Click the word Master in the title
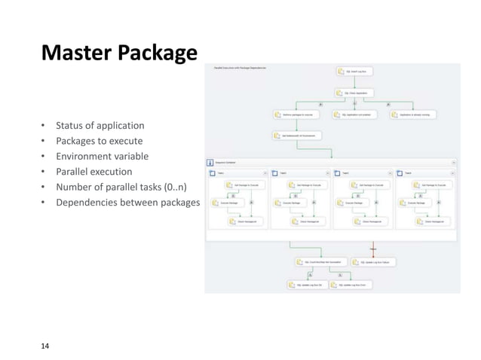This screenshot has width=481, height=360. pos(74,54)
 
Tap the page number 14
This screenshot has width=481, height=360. pos(45,346)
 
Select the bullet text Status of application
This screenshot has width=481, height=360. pos(100,125)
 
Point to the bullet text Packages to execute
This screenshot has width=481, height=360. pos(99,141)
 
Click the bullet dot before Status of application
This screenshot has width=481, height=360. pos(44,125)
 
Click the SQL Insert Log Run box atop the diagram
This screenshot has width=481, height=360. pos(355,72)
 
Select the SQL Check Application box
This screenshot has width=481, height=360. pos(355,93)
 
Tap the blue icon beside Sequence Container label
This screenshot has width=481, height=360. pos(210,161)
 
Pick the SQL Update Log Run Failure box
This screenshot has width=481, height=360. pos(377,262)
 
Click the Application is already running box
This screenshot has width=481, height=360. pos(414,114)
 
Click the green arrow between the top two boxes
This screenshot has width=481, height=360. pos(355,82)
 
